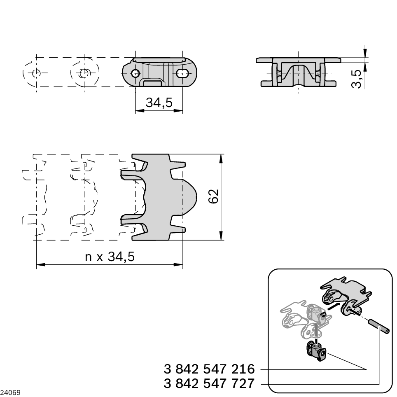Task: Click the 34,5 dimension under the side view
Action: pyautogui.click(x=159, y=103)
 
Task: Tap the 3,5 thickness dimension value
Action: pyautogui.click(x=357, y=79)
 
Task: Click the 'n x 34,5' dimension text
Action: pyautogui.click(x=110, y=257)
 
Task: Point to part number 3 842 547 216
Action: pyautogui.click(x=209, y=369)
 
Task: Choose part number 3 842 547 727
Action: pyautogui.click(x=209, y=383)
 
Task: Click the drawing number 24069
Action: pyautogui.click(x=10, y=392)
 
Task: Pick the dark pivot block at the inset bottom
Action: pyautogui.click(x=315, y=352)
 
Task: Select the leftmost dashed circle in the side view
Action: pyautogui.click(x=36, y=73)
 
